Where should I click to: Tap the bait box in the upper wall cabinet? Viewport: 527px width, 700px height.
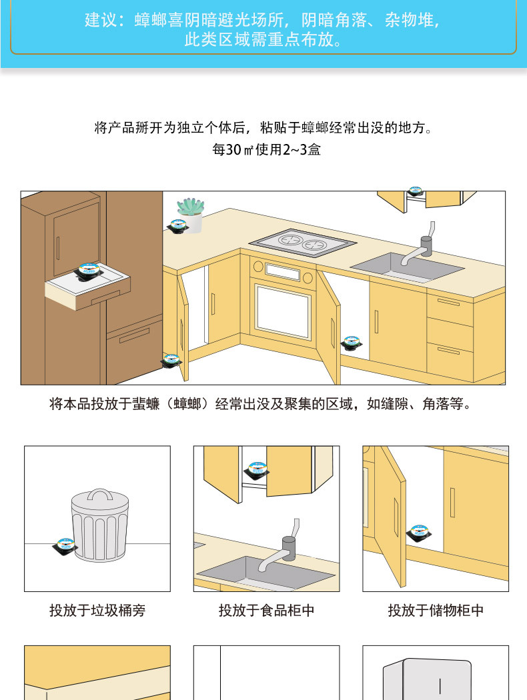tap(416, 192)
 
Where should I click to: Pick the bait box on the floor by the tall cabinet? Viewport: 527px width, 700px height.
tap(171, 361)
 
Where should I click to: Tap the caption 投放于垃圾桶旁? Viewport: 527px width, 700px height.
tap(97, 610)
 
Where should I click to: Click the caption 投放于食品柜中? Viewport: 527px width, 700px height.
tap(266, 610)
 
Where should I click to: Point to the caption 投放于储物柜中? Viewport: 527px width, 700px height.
tap(436, 610)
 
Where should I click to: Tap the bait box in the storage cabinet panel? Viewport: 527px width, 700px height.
tap(419, 533)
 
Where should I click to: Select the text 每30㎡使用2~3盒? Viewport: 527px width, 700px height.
tap(266, 149)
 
